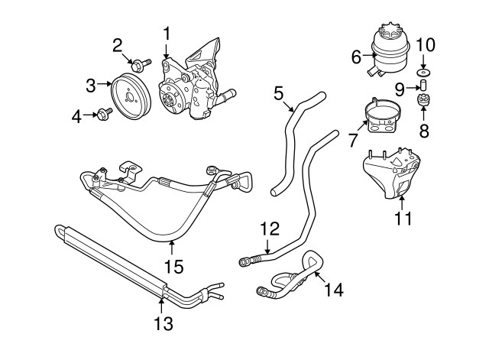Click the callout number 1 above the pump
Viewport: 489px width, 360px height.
[167, 34]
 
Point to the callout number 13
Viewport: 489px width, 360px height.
[163, 323]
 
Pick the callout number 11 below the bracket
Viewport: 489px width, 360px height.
[403, 219]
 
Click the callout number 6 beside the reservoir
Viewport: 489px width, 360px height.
[356, 56]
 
